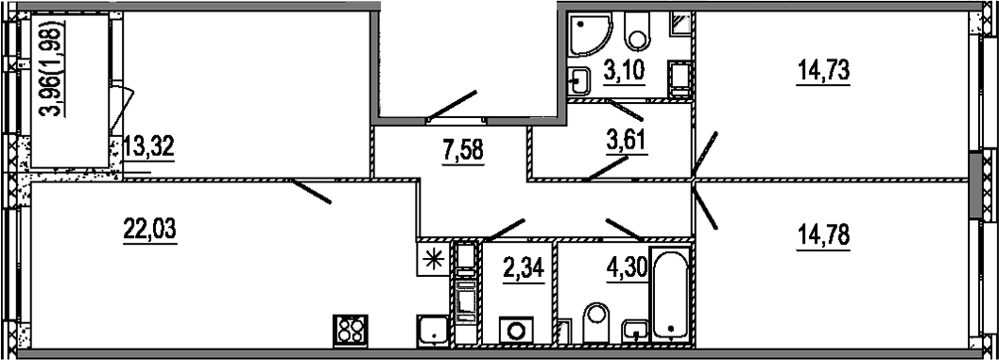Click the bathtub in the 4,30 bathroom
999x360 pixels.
(x=672, y=297)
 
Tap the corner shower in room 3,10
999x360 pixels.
(x=591, y=36)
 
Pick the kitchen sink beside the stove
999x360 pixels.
(x=434, y=332)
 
